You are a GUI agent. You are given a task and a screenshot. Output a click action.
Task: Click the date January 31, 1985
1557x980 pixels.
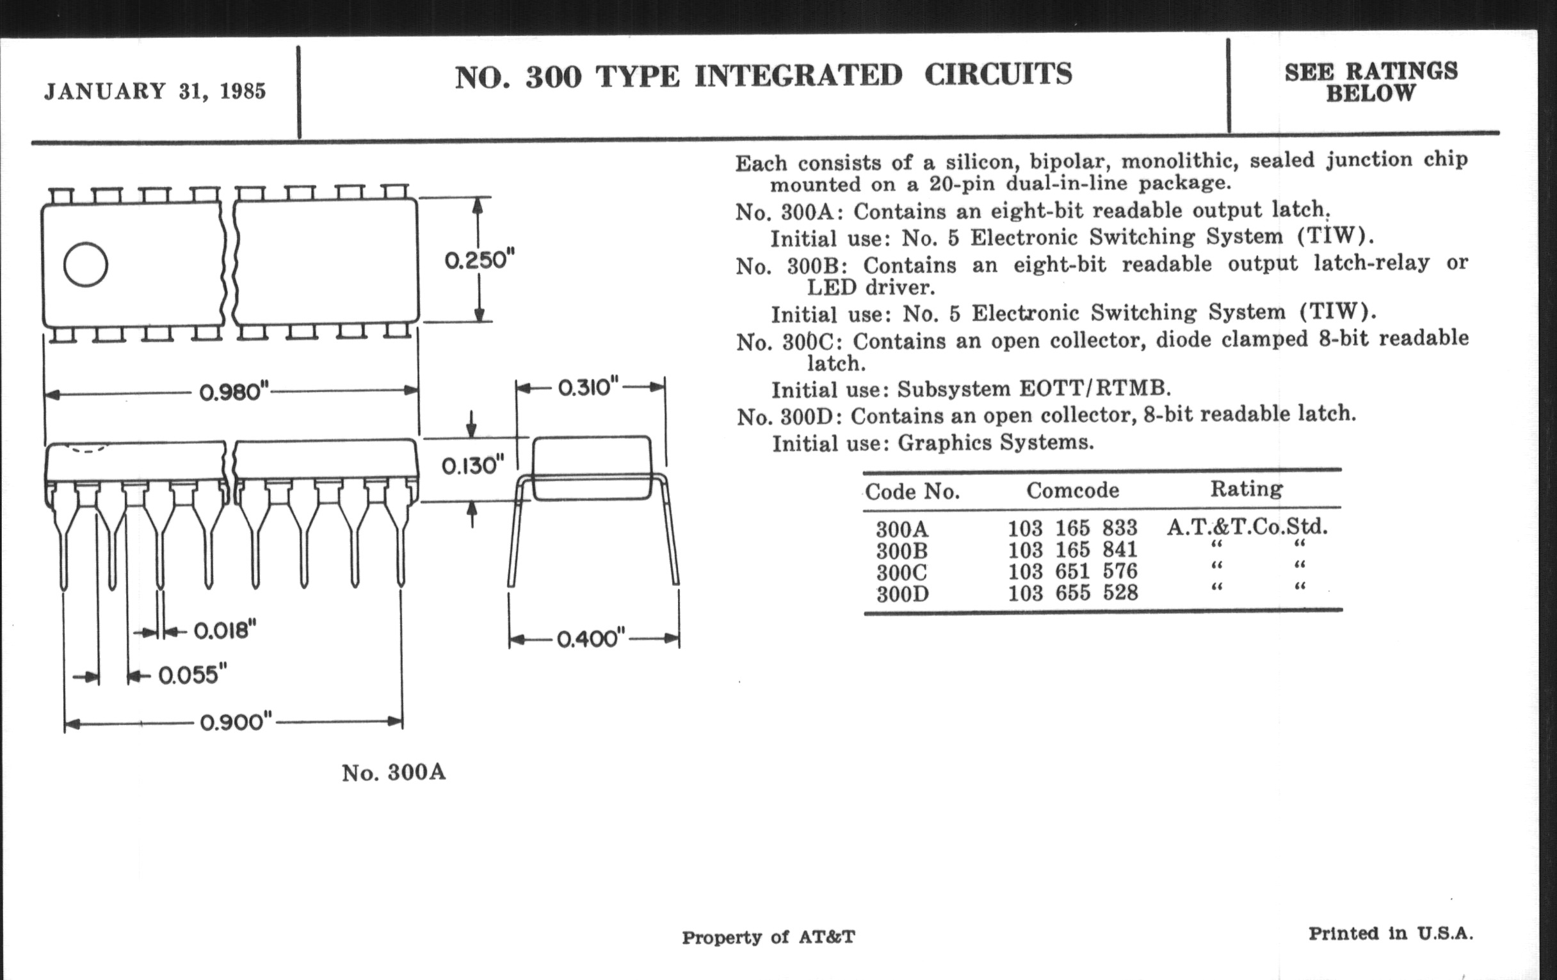coord(154,91)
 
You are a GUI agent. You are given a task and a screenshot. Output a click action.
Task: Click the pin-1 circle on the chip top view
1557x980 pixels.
coord(85,265)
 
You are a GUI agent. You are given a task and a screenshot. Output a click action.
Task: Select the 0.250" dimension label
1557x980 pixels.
coord(479,260)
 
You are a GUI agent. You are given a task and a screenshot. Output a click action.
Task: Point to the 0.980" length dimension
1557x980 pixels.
coord(234,391)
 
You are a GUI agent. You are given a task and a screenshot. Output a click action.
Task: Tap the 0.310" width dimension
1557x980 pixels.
coord(588,388)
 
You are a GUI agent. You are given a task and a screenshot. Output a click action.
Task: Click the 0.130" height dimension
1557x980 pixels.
coord(472,466)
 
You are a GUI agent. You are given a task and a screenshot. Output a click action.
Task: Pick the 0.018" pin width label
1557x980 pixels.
coord(225,630)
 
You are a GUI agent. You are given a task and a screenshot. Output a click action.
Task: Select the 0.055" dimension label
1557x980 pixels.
coord(193,675)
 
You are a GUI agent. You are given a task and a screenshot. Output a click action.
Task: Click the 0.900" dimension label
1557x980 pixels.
coord(236,722)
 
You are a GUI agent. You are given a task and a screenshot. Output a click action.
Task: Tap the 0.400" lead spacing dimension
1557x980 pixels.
coord(591,639)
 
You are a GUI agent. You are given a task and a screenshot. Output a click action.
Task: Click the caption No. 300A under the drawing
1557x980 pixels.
coord(394,772)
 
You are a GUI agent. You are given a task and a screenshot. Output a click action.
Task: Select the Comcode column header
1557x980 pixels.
coord(1073,491)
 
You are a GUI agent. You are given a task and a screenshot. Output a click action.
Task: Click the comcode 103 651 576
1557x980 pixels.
coord(1073,572)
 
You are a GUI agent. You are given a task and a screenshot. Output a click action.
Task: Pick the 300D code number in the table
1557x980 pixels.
coord(903,594)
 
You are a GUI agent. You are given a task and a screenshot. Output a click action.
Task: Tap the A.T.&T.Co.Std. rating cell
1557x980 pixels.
coord(1246,527)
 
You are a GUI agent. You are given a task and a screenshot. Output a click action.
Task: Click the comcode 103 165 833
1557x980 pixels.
coord(1073,528)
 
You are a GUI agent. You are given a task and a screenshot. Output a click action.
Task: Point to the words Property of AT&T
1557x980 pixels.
coord(768,937)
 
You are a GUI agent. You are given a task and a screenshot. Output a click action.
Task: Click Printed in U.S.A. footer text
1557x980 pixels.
coord(1390,933)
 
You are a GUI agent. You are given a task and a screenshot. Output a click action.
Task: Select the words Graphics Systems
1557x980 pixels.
coord(996,443)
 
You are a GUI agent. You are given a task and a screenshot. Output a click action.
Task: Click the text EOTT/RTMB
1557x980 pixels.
coord(1095,388)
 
